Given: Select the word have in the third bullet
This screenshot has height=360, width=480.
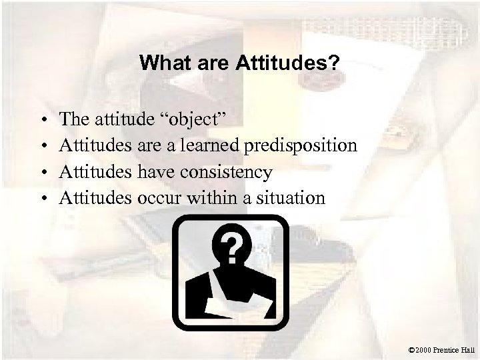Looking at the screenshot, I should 154,172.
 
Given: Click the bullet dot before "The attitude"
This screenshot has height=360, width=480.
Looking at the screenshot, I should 43,120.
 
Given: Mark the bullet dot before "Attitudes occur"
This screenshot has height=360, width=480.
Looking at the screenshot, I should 43,198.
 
